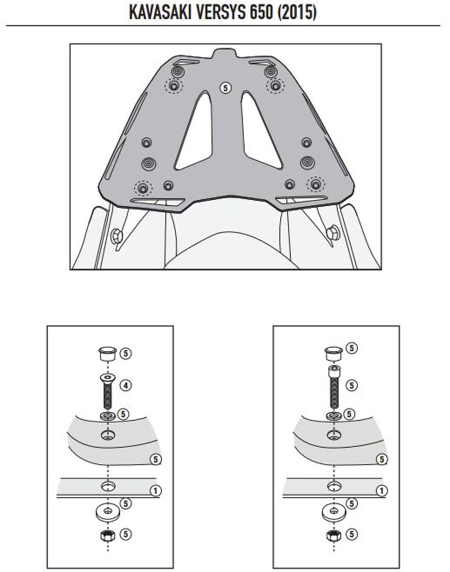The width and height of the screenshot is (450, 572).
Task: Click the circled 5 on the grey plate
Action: click(x=225, y=88)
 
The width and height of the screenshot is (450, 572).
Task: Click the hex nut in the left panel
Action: click(x=107, y=536)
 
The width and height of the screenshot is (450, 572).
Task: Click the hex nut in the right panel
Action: click(x=333, y=537)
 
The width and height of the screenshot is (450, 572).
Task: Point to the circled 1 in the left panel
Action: click(x=156, y=491)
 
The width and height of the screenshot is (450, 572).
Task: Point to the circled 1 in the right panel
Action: click(x=381, y=491)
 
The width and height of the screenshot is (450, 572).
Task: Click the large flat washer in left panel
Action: click(x=108, y=513)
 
